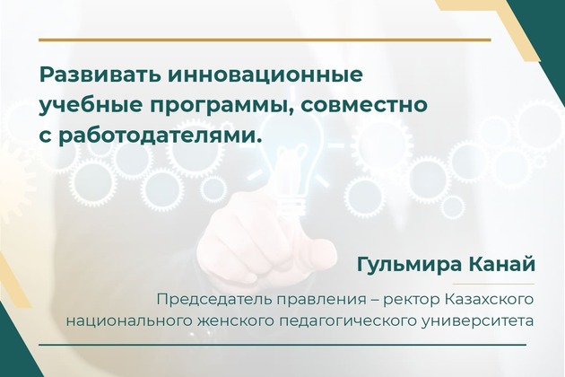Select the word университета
[x=477, y=320]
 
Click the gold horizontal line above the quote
[x=265, y=39]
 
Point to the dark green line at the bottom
[x=282, y=345]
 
